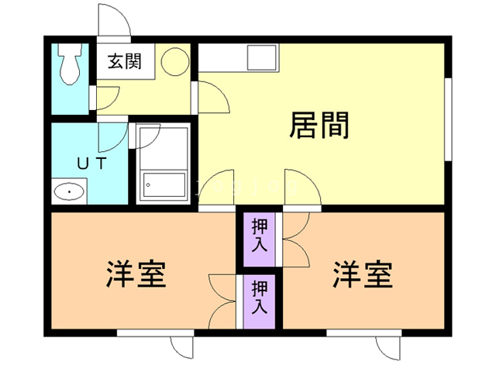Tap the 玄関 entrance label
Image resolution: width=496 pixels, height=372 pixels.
124,62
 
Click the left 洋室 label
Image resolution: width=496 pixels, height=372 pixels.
136,274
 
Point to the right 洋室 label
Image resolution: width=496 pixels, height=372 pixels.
362,274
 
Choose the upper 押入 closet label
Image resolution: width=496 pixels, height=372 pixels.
259,235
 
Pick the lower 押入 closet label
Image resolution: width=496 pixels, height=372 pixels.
259,297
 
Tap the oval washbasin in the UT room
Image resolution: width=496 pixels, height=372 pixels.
70,191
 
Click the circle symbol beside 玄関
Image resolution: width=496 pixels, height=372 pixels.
174,60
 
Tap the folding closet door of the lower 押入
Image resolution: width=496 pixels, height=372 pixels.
223,298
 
